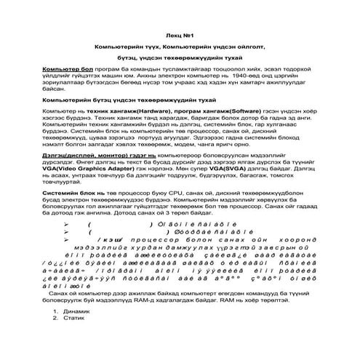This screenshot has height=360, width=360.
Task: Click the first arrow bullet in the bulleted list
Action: pyautogui.click(x=66, y=245)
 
